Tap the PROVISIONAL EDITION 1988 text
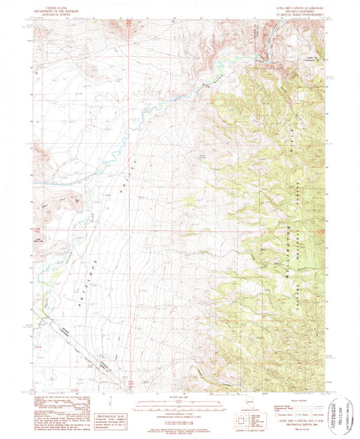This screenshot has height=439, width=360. point(292,423)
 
